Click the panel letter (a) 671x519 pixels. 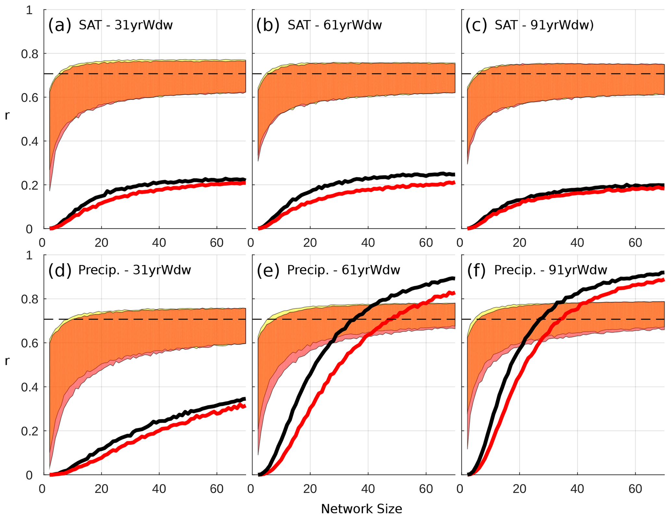(x=59, y=25)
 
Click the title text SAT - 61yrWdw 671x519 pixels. (x=335, y=25)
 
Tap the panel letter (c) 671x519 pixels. (x=476, y=25)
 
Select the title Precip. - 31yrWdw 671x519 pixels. (x=134, y=270)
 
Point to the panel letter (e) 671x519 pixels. (x=268, y=270)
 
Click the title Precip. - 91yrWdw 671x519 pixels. (x=551, y=270)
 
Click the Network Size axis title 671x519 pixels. (x=361, y=509)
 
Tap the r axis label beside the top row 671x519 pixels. (x=7, y=116)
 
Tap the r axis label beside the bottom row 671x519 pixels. (x=7, y=361)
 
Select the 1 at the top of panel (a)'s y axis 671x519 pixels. (x=30, y=10)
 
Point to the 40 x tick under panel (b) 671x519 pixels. (x=368, y=243)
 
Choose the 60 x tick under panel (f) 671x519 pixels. (x=635, y=489)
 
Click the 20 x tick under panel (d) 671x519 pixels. (x=101, y=489)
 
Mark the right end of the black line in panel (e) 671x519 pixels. (x=454, y=278)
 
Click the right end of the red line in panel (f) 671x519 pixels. (x=663, y=280)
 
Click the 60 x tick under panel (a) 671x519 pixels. (x=217, y=243)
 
